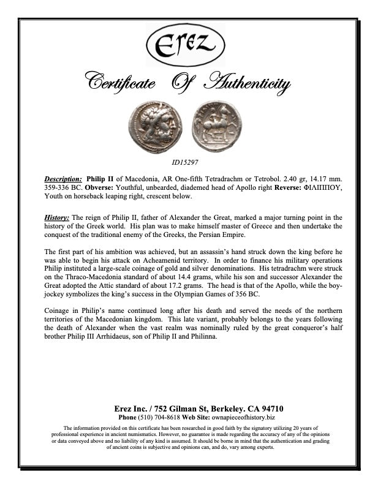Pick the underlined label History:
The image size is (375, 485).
coord(57,218)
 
